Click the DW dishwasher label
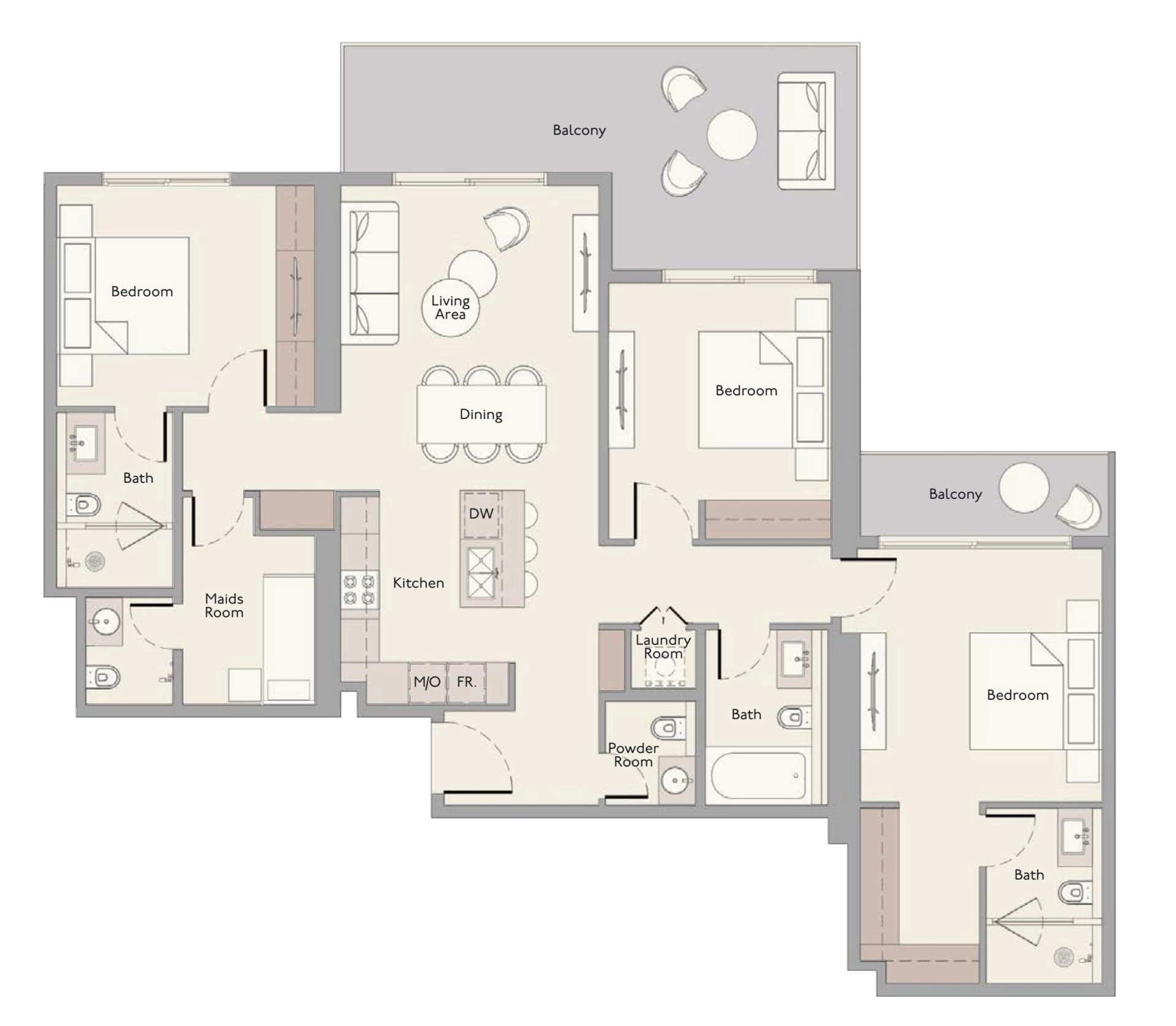[481, 513]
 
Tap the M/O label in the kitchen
[427, 682]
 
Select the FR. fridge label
[466, 682]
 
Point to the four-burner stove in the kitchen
[359, 589]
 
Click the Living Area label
[450, 307]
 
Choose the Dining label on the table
[481, 414]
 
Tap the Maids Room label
[224, 605]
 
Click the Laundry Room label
[663, 646]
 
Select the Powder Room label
[633, 755]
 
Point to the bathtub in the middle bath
[758, 775]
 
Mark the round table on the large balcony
[732, 134]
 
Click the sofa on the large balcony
[806, 131]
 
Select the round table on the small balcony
[1023, 488]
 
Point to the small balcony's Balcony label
[955, 494]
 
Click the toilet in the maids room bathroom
[104, 677]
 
